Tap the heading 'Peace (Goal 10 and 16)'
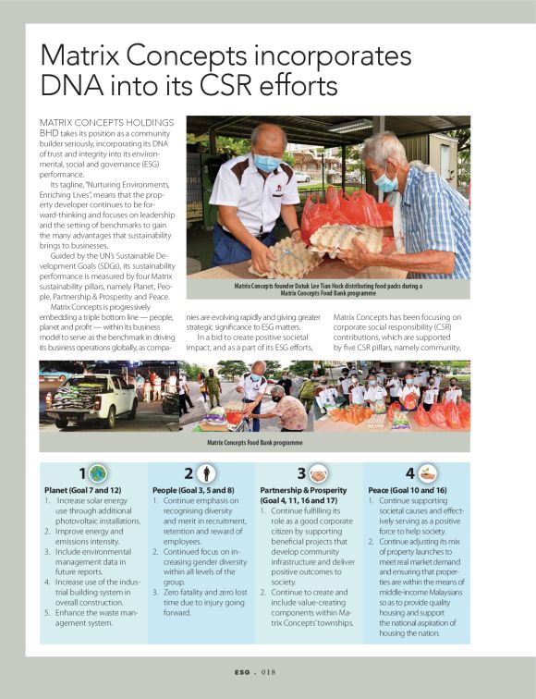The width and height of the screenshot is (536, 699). (408, 490)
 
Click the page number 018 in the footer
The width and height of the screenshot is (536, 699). (276, 672)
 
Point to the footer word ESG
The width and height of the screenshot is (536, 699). (244, 672)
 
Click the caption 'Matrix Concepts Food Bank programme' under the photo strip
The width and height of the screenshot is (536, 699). (254, 443)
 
